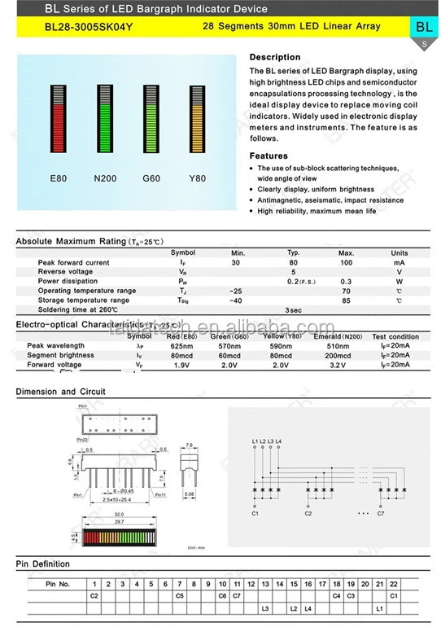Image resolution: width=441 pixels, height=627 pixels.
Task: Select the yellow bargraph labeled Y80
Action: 198,121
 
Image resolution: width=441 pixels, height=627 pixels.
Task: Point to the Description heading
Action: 274,58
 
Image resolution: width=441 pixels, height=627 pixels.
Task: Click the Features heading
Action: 269,156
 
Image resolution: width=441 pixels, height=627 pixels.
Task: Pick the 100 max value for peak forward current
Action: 347,263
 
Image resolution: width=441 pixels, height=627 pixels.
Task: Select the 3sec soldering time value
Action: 294,310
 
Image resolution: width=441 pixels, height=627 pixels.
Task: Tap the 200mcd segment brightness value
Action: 338,356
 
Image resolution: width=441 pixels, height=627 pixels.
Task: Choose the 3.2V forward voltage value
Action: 338,366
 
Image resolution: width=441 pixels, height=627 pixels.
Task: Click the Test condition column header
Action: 395,336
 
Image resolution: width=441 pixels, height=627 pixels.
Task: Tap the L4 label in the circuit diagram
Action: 279,441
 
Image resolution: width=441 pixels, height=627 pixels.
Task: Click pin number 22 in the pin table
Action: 393,584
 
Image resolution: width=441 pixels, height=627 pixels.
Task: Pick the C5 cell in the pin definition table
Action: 179,597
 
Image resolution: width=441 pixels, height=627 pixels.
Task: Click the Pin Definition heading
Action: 42,564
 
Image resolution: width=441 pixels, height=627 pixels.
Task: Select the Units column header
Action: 400,253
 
